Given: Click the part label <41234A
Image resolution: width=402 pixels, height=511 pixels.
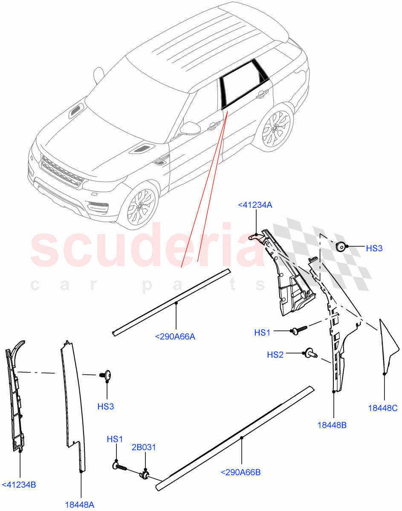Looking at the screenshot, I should [x=255, y=206].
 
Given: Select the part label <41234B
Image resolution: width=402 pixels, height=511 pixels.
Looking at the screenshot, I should [x=19, y=485].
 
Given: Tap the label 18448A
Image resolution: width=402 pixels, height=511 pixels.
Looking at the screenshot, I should [x=80, y=505].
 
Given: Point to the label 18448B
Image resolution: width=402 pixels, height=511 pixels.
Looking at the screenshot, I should [x=332, y=425].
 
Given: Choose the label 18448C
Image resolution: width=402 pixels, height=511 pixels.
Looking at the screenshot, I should [x=382, y=408].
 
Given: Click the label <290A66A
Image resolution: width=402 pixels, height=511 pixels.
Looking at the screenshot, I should [x=175, y=337].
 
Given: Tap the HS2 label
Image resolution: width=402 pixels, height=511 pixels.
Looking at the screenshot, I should [x=275, y=355].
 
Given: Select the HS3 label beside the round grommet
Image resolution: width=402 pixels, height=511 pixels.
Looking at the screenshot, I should [x=374, y=248].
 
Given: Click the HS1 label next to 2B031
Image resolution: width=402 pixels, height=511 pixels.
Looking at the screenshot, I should [x=115, y=439].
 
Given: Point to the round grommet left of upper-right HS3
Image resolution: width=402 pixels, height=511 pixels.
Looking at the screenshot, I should [x=341, y=247].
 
